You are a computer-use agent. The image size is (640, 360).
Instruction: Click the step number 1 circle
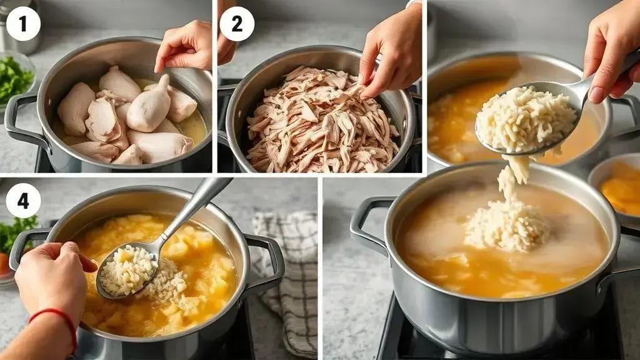coord(23,24)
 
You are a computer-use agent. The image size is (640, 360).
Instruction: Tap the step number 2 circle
coord(237,24)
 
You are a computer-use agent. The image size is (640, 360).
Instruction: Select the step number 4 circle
coord(23,201)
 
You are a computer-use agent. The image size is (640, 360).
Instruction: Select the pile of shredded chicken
coord(321,121)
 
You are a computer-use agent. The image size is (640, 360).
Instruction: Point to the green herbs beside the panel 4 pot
coord(16,232)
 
